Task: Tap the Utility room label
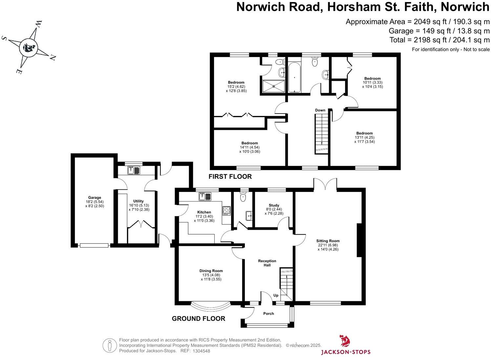pyautogui.click(x=138, y=201)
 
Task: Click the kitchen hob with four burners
pyautogui.click(x=226, y=210)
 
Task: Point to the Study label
pyautogui.click(x=274, y=205)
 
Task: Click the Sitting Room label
pyautogui.click(x=328, y=241)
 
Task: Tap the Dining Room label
pyautogui.click(x=211, y=271)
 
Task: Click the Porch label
pyautogui.click(x=268, y=313)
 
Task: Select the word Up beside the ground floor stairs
pyautogui.click(x=276, y=295)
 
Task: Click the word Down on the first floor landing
pyautogui.click(x=320, y=110)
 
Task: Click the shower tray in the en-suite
pyautogui.click(x=273, y=87)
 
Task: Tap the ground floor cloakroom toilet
pyautogui.click(x=243, y=197)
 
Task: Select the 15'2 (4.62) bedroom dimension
pyautogui.click(x=236, y=87)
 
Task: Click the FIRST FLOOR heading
pyautogui.click(x=230, y=177)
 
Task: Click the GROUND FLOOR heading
pyautogui.click(x=199, y=318)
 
